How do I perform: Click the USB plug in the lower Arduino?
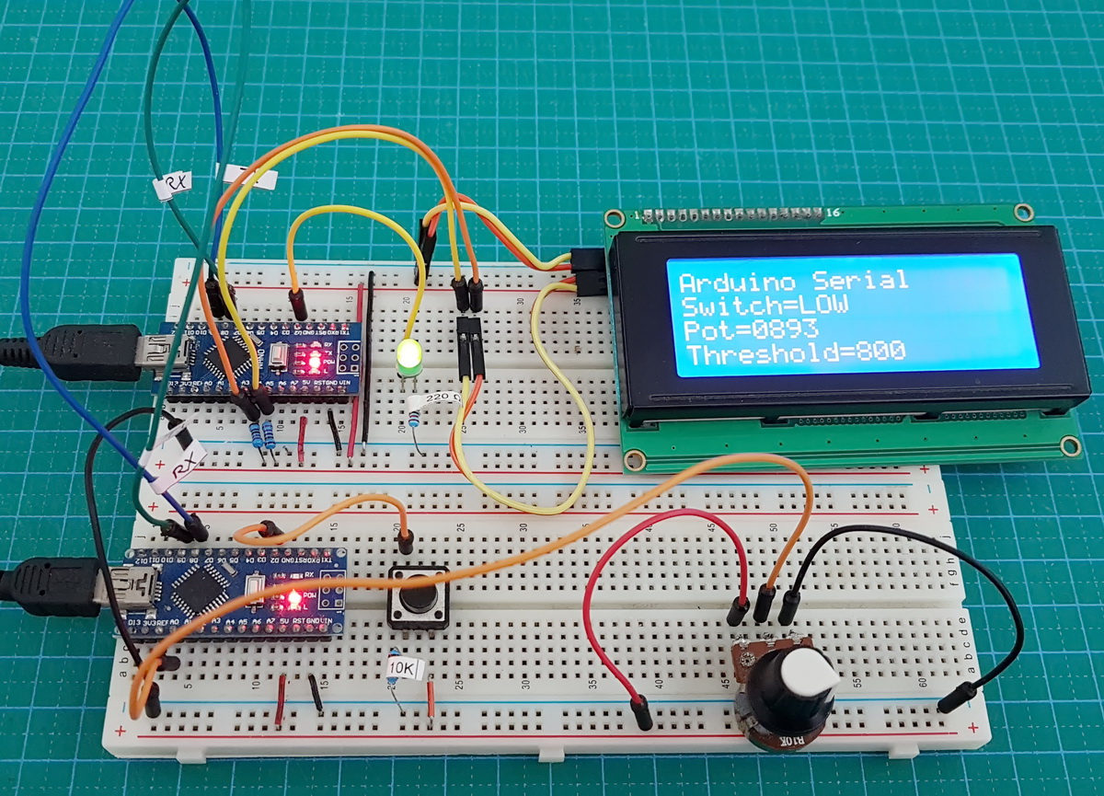tap(55, 586)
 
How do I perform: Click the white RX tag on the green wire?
tap(172, 187)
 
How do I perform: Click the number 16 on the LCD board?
tap(834, 213)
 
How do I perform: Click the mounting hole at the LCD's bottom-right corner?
tap(1069, 447)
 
